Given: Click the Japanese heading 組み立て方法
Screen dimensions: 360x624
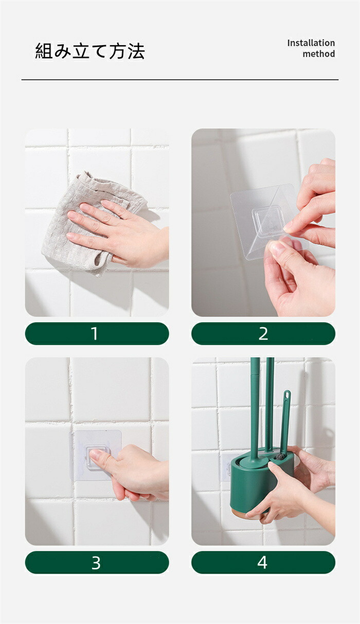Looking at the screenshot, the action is tap(90, 51).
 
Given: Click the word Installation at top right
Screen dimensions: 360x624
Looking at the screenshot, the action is tap(311, 43).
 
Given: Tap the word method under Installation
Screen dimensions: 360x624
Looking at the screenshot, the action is tap(319, 54).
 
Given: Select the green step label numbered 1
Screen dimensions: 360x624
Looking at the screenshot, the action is tap(97, 333).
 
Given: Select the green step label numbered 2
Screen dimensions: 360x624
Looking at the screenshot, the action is tap(263, 333).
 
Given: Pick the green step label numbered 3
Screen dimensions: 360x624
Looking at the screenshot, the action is tap(97, 562).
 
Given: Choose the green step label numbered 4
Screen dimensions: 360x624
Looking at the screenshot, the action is tap(263, 562).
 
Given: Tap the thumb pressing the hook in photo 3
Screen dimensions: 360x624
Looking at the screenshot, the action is tap(100, 458).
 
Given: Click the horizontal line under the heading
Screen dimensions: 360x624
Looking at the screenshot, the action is tap(180, 80).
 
